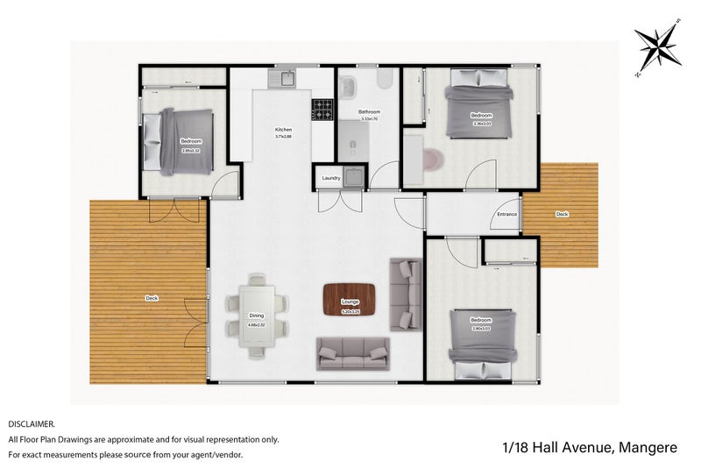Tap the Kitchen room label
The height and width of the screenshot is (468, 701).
click(283, 130)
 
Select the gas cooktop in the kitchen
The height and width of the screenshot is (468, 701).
click(322, 110)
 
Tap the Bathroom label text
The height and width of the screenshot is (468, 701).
click(369, 112)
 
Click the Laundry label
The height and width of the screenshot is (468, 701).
click(331, 178)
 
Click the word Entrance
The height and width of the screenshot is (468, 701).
click(506, 214)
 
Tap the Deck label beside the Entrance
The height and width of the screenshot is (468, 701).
click(562, 214)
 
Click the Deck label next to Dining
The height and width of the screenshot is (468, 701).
click(152, 299)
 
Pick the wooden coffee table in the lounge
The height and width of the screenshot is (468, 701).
click(350, 299)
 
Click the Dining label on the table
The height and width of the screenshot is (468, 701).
click(257, 316)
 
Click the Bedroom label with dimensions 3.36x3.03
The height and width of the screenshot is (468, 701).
click(481, 116)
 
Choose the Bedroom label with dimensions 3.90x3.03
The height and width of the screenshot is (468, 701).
click(480, 320)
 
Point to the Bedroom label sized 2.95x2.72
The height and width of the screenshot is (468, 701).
click(191, 142)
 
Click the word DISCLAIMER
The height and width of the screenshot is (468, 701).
click(32, 423)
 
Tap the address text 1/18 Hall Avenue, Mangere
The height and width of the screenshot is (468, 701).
click(590, 447)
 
